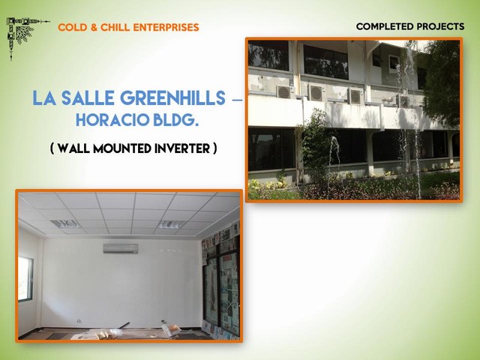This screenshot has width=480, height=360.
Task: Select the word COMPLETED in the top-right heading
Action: coord(384,27)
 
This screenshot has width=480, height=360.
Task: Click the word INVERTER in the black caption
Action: coord(182,148)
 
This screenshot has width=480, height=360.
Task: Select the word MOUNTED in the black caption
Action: coord(122,148)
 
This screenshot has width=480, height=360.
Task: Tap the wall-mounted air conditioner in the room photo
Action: coord(121,248)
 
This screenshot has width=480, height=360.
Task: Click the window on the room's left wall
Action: coord(25,278)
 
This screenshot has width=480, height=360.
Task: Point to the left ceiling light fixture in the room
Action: coord(65,224)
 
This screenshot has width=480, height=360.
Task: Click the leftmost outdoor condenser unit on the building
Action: coord(284,91)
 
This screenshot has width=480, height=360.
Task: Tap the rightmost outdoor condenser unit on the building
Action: coord(403,101)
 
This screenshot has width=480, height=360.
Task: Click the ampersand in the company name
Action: coord(94,28)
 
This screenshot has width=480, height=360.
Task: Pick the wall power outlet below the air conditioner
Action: coord(79,321)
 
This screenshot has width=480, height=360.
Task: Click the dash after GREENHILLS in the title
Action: coord(237,100)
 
